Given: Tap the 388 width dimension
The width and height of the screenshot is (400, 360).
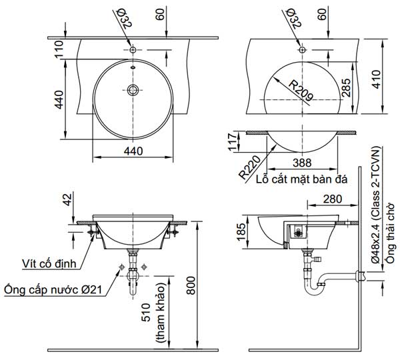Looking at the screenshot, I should (303, 162).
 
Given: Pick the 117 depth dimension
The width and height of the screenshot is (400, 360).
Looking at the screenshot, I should (233, 142).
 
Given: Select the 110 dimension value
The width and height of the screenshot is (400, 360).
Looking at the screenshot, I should (58, 51).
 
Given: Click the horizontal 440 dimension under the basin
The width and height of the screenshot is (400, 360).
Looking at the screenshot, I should (133, 151).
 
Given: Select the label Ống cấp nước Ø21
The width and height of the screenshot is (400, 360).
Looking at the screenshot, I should (52, 290).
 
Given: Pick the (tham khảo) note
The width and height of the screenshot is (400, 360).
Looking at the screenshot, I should (161, 320).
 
